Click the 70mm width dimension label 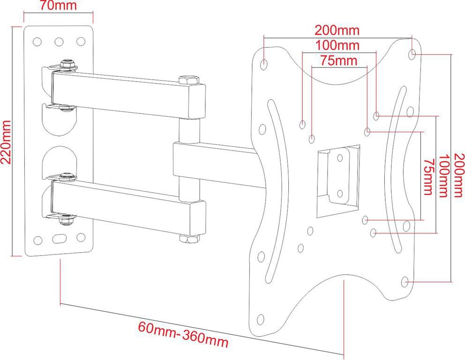[59, 5]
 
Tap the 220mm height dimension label [6, 142]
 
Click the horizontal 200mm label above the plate [337, 30]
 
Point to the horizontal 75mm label [338, 60]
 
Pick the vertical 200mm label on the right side [458, 175]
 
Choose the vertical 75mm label [428, 177]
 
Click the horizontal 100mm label [337, 45]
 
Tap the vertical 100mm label [443, 176]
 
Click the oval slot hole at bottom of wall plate [59, 239]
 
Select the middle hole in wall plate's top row [59, 42]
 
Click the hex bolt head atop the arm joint [189, 80]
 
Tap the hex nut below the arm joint [189, 239]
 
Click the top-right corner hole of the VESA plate [412, 54]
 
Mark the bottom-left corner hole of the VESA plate [260, 319]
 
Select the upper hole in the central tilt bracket [340, 158]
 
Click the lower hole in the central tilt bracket [340, 194]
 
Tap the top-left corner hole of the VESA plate [263, 64]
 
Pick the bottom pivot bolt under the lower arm [66, 220]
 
